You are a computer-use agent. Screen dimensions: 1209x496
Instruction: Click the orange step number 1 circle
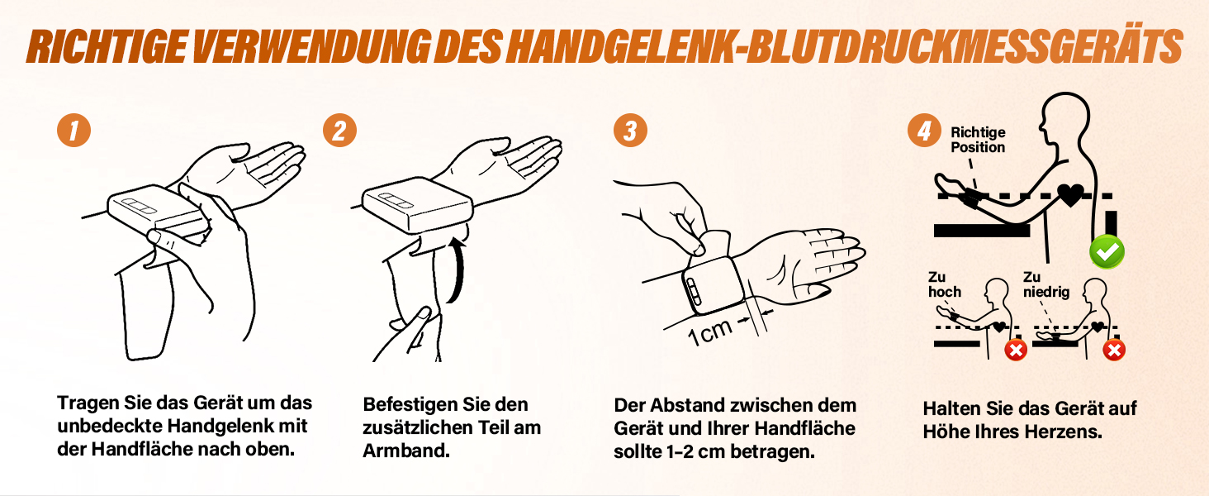tap(74, 131)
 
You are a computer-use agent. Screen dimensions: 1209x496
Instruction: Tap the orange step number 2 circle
tap(339, 131)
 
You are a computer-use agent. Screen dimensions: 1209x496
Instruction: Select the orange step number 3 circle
tap(630, 131)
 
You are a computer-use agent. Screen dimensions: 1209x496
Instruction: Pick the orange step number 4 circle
tap(924, 131)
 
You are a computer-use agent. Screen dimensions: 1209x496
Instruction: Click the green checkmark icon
tap(1107, 252)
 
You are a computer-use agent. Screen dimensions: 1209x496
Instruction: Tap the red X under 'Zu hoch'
tap(1016, 351)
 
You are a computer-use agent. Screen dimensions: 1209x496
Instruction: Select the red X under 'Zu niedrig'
tap(1114, 351)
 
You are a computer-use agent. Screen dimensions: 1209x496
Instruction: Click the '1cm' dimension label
tap(709, 331)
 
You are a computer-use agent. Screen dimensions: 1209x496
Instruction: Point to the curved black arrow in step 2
tap(460, 270)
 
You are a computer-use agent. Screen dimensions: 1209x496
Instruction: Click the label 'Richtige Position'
tap(978, 140)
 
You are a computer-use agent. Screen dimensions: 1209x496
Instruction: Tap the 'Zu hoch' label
tap(945, 284)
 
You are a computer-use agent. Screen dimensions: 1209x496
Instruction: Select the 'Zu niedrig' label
tap(1046, 284)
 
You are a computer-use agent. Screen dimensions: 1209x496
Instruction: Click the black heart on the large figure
tap(1070, 195)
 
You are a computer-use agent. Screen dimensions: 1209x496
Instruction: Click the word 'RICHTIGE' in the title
tap(107, 46)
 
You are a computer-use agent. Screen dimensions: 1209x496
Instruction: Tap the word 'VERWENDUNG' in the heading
tap(311, 46)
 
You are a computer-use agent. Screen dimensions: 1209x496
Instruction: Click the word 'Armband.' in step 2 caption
tap(405, 451)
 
